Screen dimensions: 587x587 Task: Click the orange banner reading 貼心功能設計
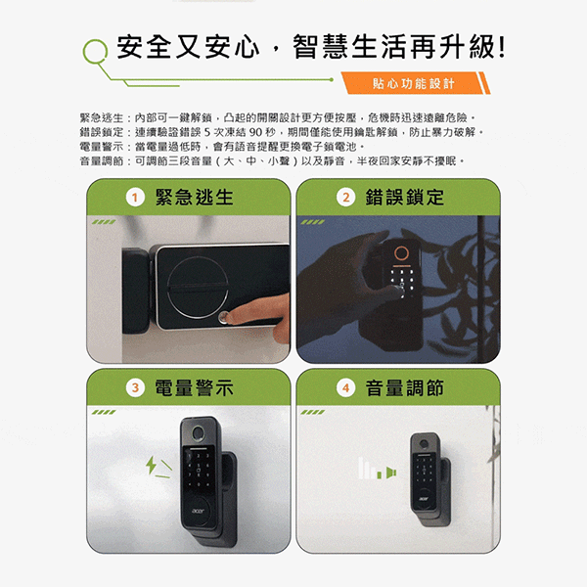(x=416, y=83)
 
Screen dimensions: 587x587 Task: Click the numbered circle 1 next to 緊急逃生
(x=135, y=198)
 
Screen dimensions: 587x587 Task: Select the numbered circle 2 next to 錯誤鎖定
(x=346, y=198)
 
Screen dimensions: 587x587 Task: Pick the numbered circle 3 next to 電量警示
(x=135, y=387)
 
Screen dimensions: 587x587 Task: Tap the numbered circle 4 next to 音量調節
(x=346, y=387)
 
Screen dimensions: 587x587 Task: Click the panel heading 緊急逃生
(x=195, y=198)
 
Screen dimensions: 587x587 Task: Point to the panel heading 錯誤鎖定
(x=405, y=198)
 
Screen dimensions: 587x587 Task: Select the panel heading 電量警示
(x=195, y=387)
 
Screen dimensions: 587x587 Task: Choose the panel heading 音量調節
(x=405, y=387)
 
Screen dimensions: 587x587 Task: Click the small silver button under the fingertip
(x=223, y=317)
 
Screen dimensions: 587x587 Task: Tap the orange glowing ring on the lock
(x=401, y=253)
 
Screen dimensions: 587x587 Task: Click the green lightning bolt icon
(x=152, y=465)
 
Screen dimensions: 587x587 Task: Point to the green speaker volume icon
(x=390, y=473)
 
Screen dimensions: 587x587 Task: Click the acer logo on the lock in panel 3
(x=198, y=511)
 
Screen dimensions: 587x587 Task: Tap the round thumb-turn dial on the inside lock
(x=198, y=287)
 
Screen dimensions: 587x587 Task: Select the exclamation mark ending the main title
(x=502, y=46)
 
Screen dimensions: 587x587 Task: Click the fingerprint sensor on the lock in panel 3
(x=198, y=433)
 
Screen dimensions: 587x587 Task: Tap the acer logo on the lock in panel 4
(x=424, y=499)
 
